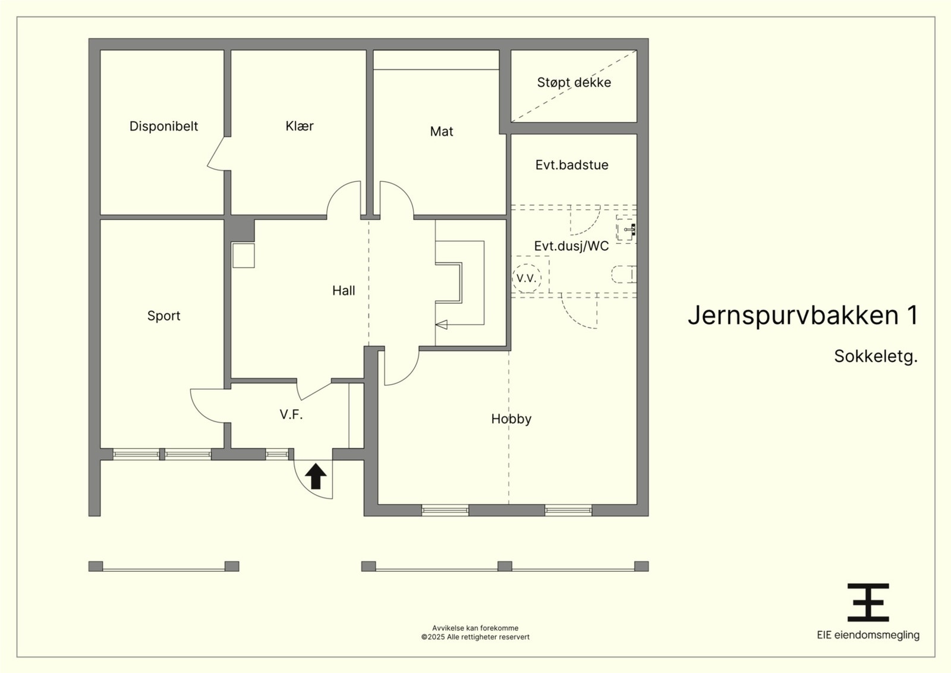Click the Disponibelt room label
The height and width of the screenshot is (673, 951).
[x=163, y=126]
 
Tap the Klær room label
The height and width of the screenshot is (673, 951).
[x=300, y=125]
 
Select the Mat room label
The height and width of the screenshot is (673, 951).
[x=441, y=131]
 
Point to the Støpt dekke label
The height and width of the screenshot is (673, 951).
[x=574, y=83]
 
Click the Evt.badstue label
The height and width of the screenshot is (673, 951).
[x=571, y=165]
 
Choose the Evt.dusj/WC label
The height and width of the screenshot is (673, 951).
[x=571, y=246]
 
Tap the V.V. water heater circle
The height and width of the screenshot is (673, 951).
[x=527, y=278]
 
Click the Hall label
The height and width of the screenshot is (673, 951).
[x=344, y=291]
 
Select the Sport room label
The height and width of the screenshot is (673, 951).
[x=163, y=316]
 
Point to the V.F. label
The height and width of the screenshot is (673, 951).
[x=291, y=414]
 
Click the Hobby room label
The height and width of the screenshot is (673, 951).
[x=511, y=419]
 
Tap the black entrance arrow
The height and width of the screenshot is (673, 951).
[x=316, y=476]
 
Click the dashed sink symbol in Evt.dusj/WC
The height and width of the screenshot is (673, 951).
[x=626, y=229]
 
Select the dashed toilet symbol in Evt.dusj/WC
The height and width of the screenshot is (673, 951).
[x=624, y=274]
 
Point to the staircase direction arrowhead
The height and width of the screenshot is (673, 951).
[x=441, y=325]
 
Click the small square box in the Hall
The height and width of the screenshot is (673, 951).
[x=243, y=255]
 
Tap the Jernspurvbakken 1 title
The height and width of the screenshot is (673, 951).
[x=802, y=315]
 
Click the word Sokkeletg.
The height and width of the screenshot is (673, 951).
[x=876, y=356]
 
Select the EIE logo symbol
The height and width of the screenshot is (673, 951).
[x=868, y=602]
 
